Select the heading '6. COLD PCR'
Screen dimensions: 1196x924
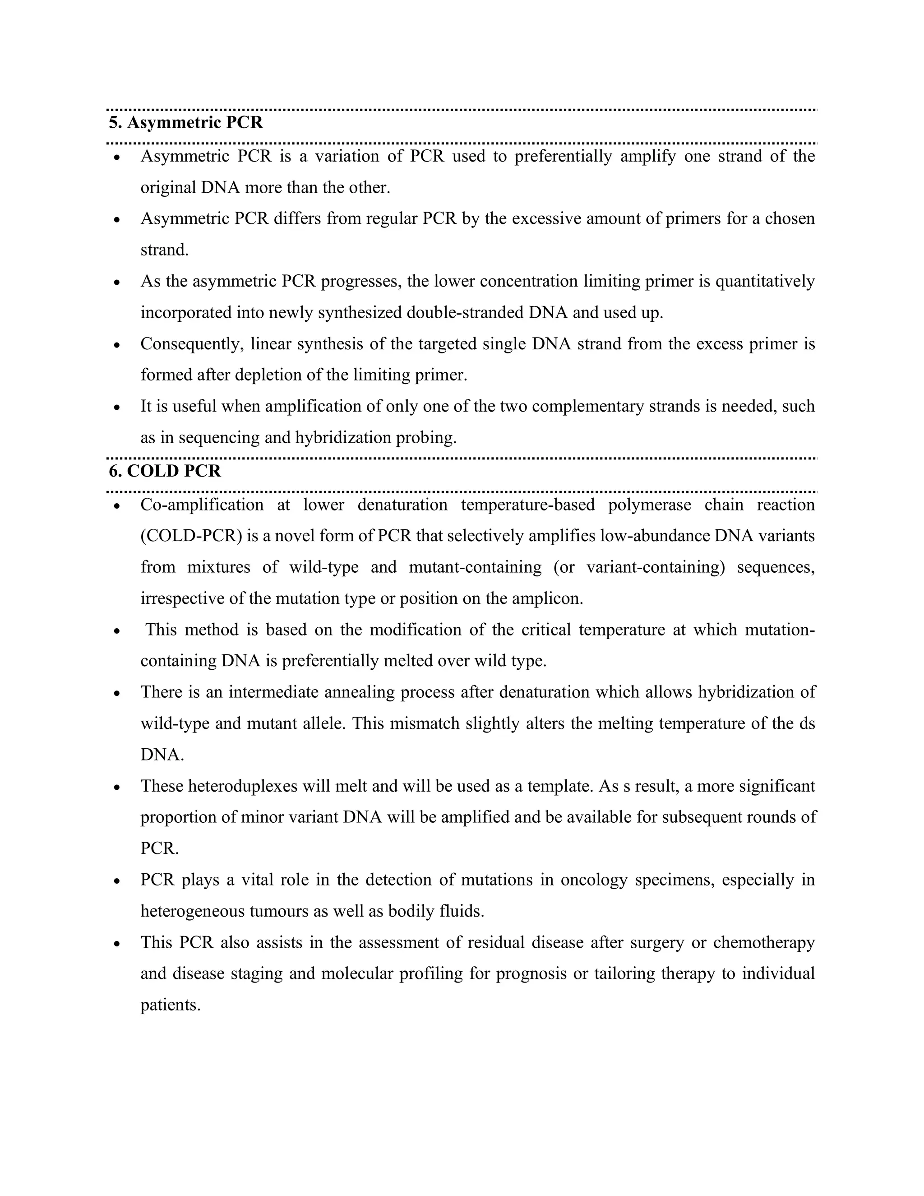click(165, 471)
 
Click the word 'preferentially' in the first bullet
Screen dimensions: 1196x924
click(563, 157)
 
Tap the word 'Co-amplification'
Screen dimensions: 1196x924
click(202, 505)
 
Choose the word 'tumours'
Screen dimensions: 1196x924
click(280, 911)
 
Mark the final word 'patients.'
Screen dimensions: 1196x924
click(170, 1006)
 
